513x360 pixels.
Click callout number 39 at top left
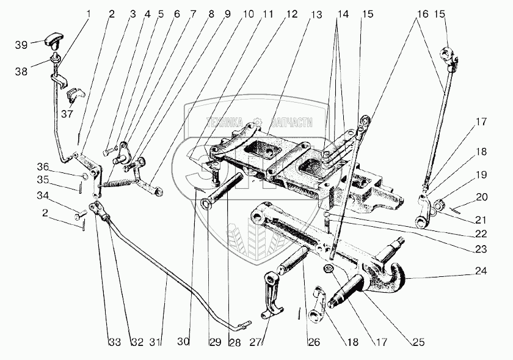(x=21, y=45)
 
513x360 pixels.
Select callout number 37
(x=67, y=114)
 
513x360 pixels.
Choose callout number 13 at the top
(x=316, y=15)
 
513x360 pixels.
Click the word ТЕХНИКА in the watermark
(x=225, y=122)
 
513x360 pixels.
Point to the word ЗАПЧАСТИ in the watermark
(x=291, y=122)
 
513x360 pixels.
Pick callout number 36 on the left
(x=43, y=167)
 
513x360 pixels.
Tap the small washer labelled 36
(x=84, y=177)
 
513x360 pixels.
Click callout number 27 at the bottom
(x=256, y=342)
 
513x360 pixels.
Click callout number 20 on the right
(x=481, y=197)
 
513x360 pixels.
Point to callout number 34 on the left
(x=43, y=196)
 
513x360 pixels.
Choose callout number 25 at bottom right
(x=418, y=342)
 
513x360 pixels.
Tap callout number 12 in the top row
(x=291, y=14)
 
